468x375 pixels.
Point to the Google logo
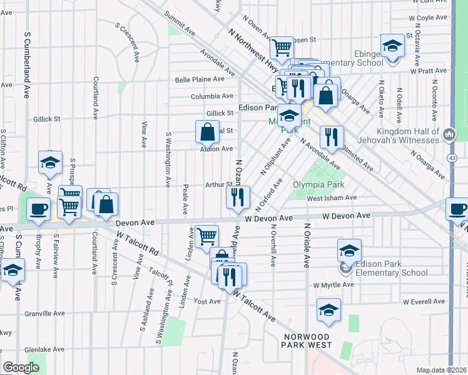[x=21, y=367]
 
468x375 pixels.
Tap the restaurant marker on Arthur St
[x=238, y=197]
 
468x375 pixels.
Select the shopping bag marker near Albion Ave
[x=207, y=132]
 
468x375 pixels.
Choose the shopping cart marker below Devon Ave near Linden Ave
[x=207, y=236]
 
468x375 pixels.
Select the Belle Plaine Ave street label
[x=200, y=79]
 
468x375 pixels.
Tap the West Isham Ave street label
[x=332, y=198]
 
